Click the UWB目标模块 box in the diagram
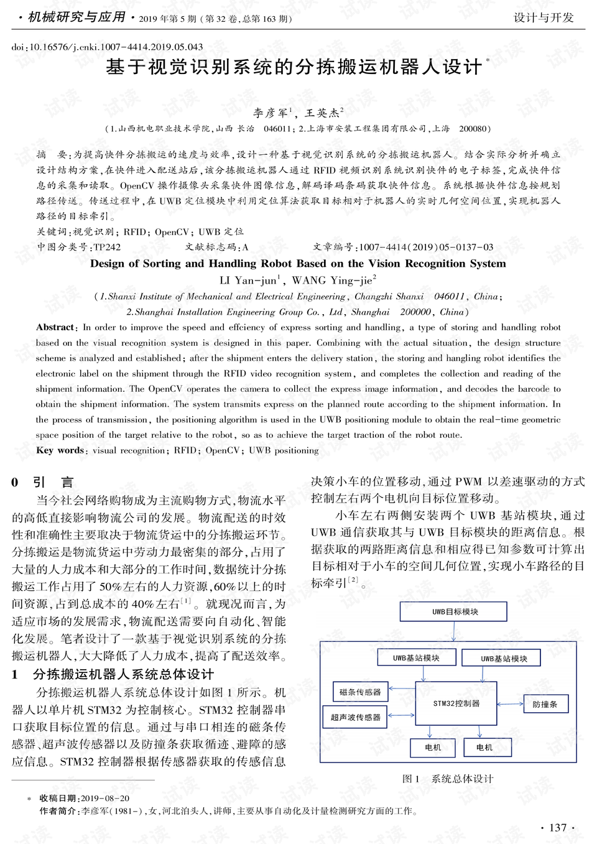tap(453, 611)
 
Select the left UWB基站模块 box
tap(416, 657)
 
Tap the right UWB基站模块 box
tap(504, 658)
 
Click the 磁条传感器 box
tap(360, 692)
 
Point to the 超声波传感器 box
tap(355, 717)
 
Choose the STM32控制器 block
tap(456, 703)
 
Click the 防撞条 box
tap(545, 704)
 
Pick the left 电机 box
tap(433, 747)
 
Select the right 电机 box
tap(484, 747)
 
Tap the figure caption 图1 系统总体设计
tap(448, 779)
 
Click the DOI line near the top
tap(107, 47)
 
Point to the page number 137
tap(558, 827)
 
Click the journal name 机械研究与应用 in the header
tap(77, 17)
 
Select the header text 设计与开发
tap(543, 17)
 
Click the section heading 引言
tap(53, 482)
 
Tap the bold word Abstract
tap(55, 327)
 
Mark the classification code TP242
tap(107, 248)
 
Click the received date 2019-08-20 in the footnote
tap(105, 798)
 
